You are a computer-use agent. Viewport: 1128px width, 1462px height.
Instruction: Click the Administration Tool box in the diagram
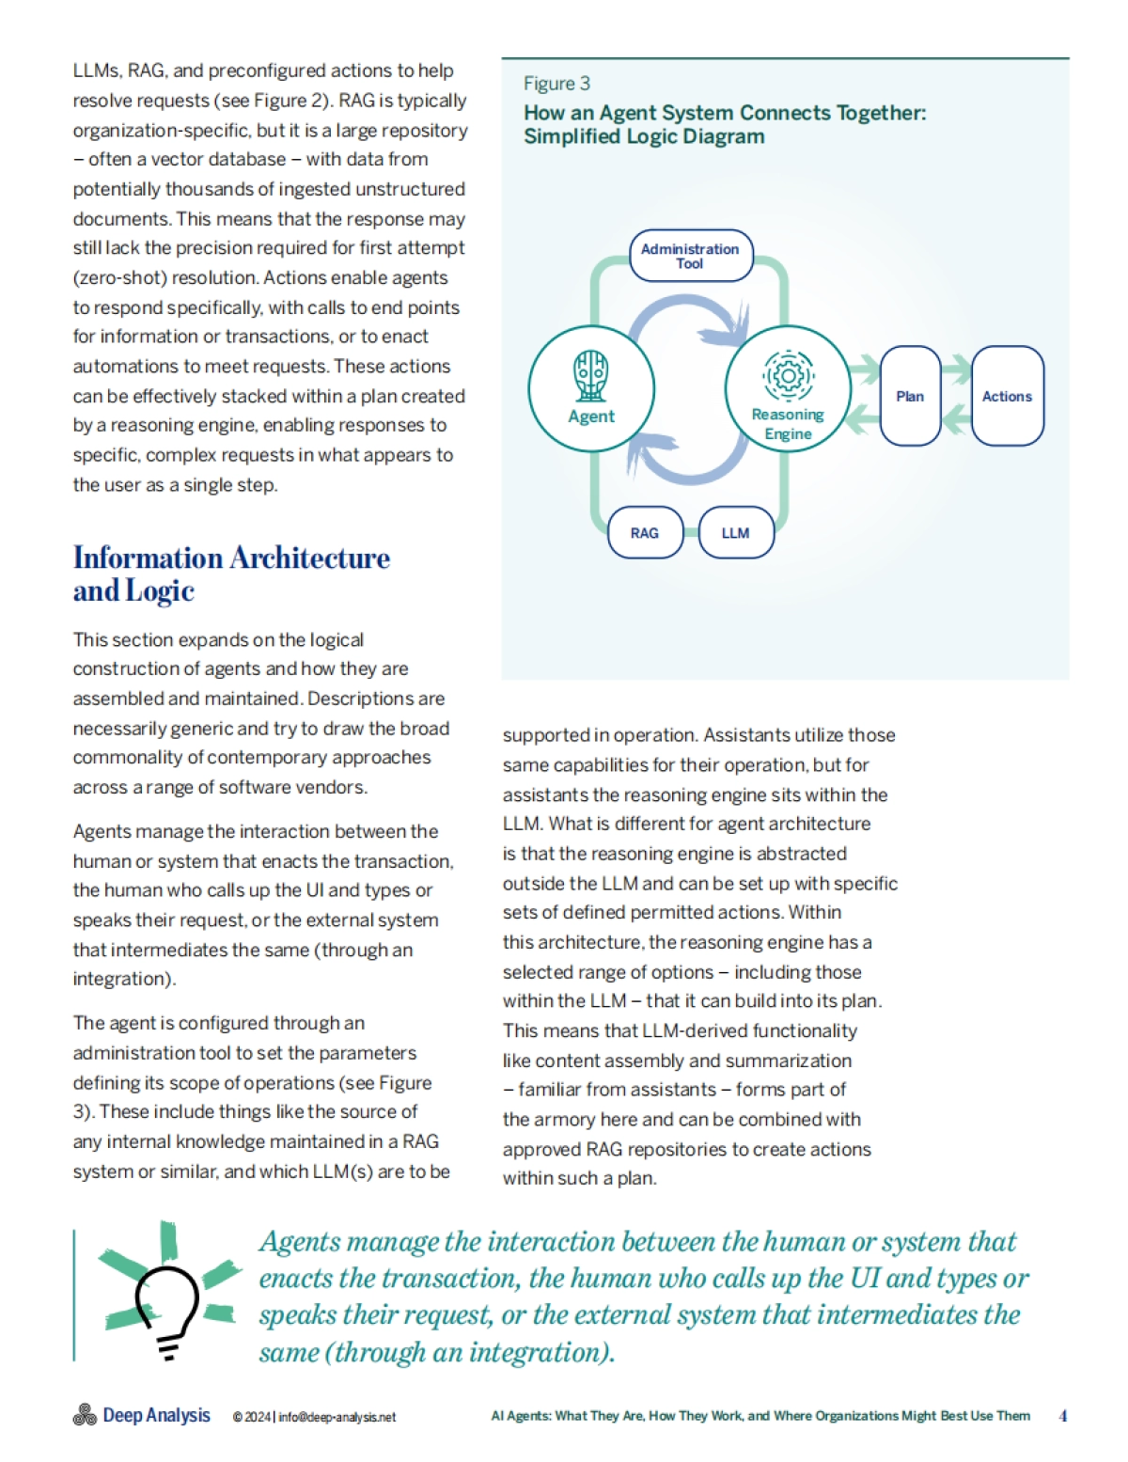click(x=691, y=256)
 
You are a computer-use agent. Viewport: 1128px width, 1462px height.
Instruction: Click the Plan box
click(x=910, y=396)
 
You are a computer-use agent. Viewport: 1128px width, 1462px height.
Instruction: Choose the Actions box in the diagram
click(x=1007, y=396)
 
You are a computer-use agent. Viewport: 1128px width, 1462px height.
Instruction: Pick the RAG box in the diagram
click(x=645, y=533)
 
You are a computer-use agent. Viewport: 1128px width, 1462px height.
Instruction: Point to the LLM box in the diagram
click(x=736, y=533)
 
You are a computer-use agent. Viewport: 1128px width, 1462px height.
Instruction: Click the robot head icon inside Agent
click(x=591, y=375)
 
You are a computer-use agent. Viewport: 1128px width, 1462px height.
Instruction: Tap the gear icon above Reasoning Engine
click(x=788, y=375)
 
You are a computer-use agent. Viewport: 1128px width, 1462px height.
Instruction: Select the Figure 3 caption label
click(x=556, y=84)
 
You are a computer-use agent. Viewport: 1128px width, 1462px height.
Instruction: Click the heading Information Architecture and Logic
click(x=231, y=574)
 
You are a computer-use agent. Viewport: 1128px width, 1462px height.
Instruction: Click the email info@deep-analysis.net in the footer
click(x=337, y=1417)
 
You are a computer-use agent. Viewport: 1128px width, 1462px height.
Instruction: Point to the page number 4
click(x=1062, y=1415)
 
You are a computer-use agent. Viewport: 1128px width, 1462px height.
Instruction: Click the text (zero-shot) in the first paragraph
click(x=119, y=277)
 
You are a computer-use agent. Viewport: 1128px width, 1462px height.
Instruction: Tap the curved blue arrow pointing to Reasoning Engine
click(x=686, y=314)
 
